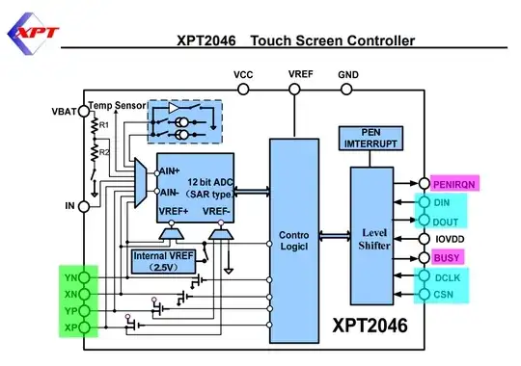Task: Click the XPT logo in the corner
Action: point(33,33)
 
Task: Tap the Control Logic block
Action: point(293,240)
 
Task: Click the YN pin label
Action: point(69,275)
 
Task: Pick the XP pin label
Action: point(69,329)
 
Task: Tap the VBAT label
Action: point(65,111)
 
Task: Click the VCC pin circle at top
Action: point(243,90)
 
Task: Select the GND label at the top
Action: point(347,74)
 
